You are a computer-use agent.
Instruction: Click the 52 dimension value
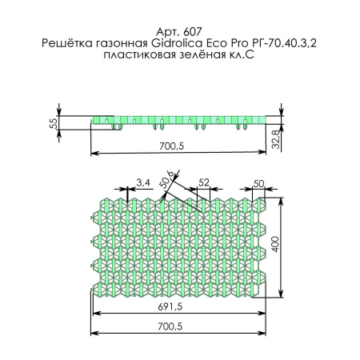tap(203, 183)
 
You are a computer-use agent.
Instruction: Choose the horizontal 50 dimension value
tap(258, 183)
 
